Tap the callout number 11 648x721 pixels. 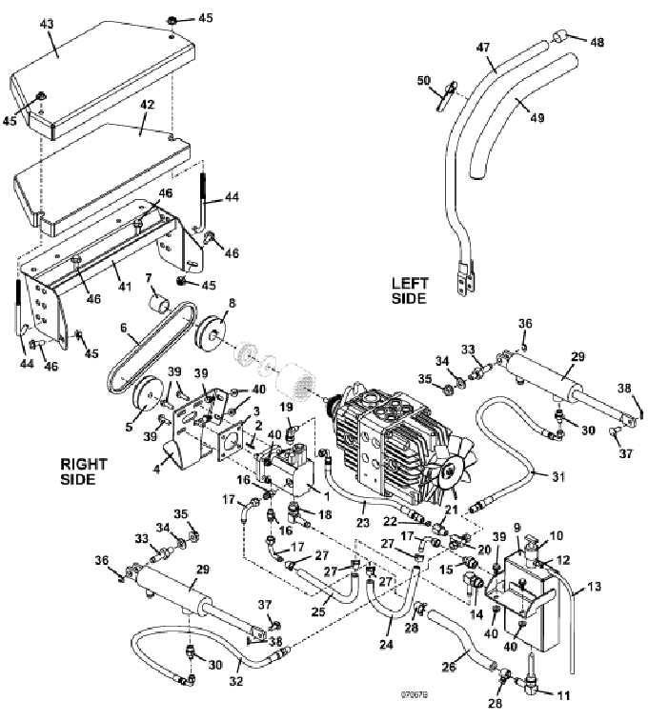[x=562, y=696]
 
